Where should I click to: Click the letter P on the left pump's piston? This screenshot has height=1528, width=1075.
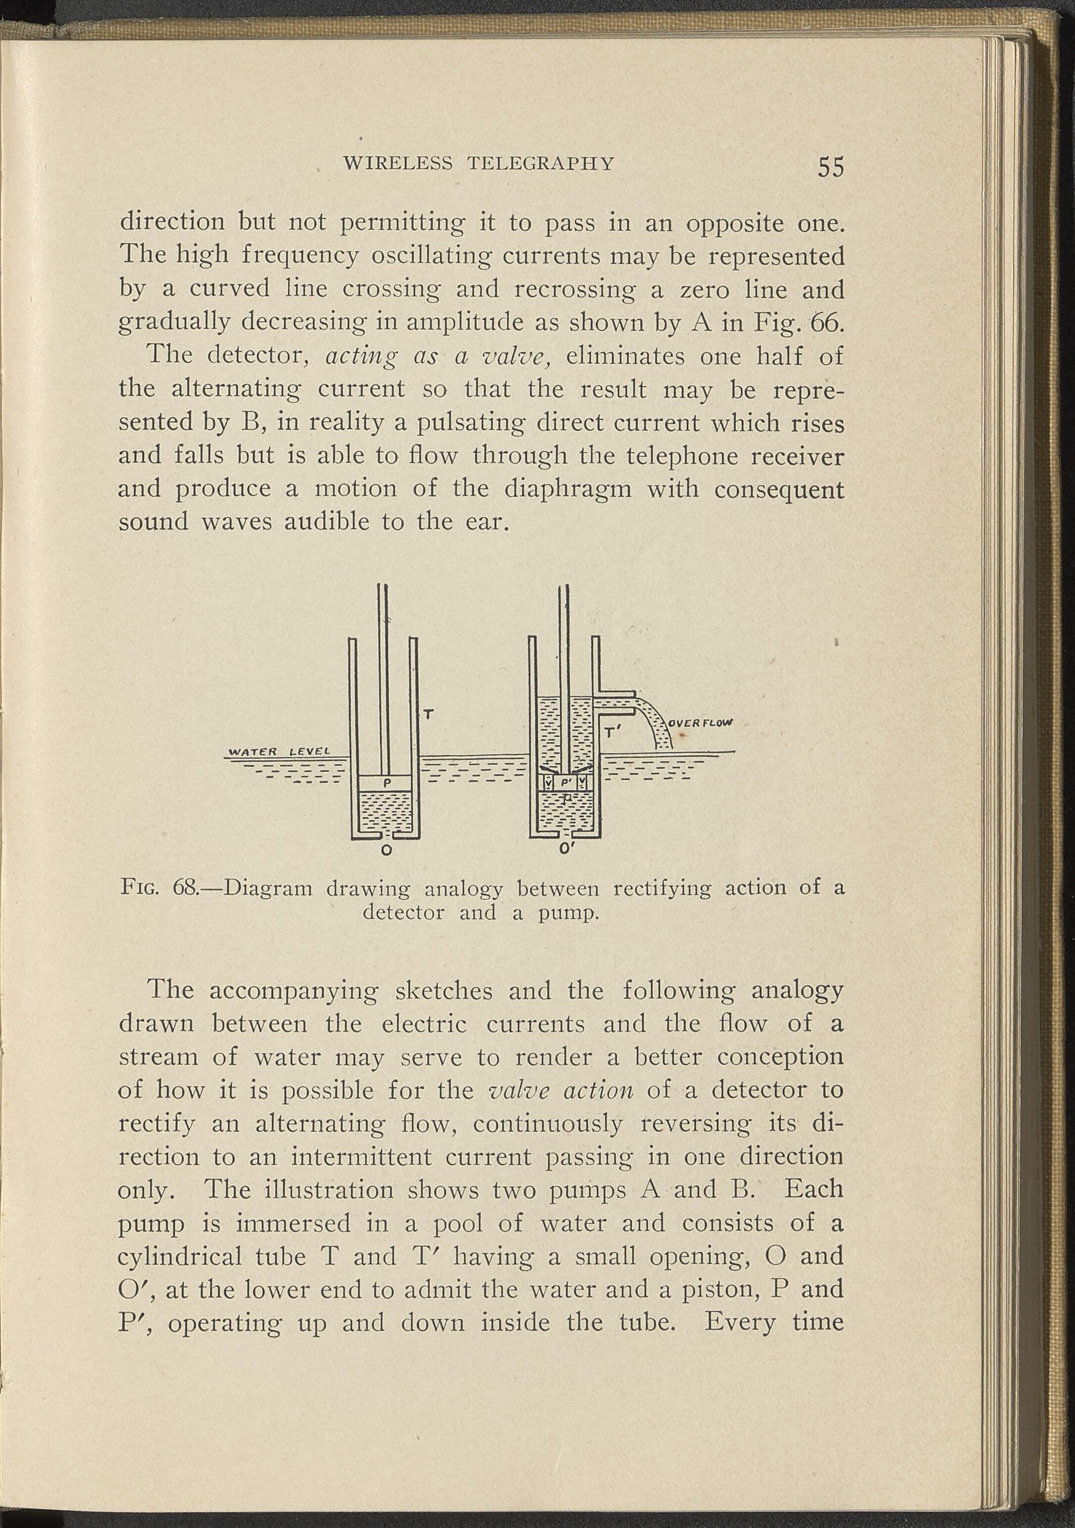(385, 783)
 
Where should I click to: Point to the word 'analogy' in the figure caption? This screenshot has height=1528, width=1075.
(463, 889)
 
